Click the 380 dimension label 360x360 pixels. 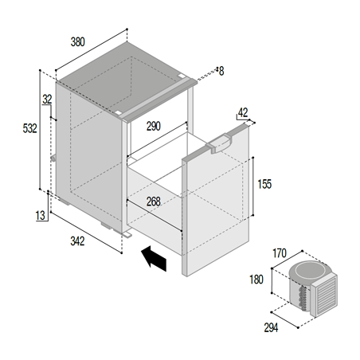tap(77, 42)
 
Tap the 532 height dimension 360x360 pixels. tap(29, 128)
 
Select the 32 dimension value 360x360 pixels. tap(47, 100)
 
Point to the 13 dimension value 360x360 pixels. tap(41, 215)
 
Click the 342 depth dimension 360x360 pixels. tap(77, 241)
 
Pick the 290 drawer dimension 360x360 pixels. tap(154, 126)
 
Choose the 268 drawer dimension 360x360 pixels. tap(154, 202)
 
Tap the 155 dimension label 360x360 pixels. tap(264, 184)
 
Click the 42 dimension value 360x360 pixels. tap(243, 113)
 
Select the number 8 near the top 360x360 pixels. tap(221, 71)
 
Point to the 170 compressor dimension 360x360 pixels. tap(280, 253)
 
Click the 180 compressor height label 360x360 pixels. tap(256, 280)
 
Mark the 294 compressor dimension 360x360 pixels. tap(271, 327)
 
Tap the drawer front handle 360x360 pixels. tap(219, 144)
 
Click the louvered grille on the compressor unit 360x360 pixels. tap(324, 295)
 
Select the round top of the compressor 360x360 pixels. tap(310, 271)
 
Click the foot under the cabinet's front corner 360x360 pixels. tap(127, 235)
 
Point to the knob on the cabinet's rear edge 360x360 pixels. tap(53, 158)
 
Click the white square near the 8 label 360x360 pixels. tap(182, 76)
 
